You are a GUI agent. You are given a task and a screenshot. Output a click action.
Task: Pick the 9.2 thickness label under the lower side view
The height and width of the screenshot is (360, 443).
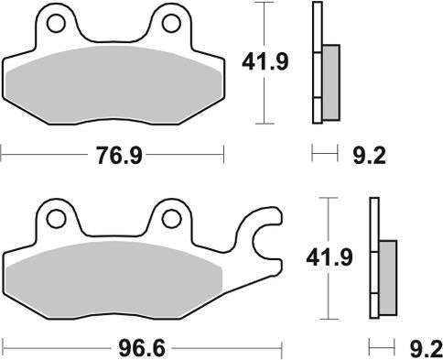pos(425,349)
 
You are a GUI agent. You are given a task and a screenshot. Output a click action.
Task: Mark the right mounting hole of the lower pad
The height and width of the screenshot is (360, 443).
pos(171,218)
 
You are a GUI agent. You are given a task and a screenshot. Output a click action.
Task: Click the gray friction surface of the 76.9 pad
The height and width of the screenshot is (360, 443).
pos(113,84)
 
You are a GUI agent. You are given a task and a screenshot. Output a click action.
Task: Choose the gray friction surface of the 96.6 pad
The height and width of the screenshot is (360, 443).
pos(113,281)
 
